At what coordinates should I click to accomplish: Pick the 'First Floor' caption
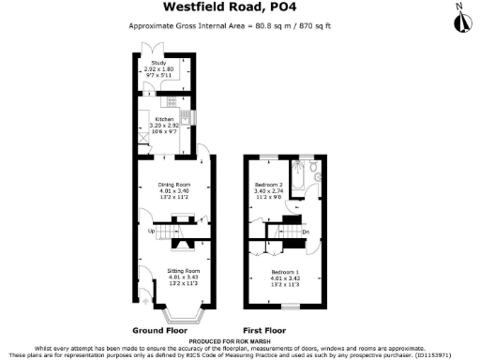264,330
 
